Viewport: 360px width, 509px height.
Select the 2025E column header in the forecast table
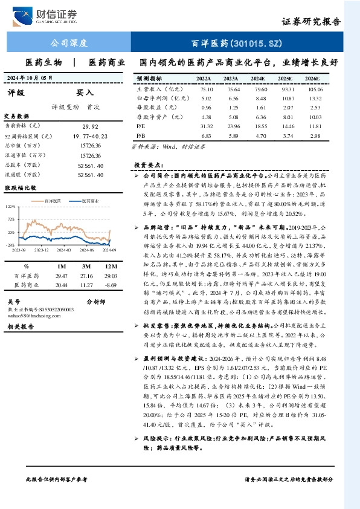coord(284,79)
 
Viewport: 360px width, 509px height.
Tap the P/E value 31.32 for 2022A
coord(205,126)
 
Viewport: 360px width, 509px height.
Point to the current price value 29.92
coord(89,126)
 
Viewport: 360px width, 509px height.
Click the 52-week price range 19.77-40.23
coord(89,136)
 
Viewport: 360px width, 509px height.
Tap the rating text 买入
coord(85,93)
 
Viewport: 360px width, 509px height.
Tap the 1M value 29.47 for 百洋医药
coord(62,276)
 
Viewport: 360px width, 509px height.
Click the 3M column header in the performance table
coord(86,265)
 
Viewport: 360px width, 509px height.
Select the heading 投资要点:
coord(147,164)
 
